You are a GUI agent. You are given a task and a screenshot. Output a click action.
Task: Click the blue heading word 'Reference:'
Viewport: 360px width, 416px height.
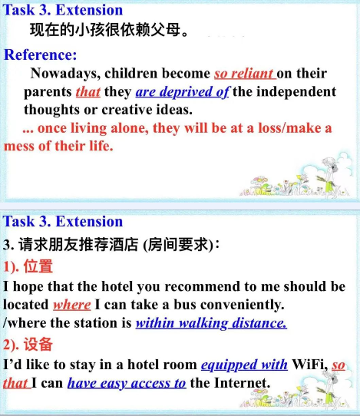[41, 55]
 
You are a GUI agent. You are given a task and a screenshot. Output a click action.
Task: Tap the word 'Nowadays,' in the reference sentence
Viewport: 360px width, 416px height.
[65, 74]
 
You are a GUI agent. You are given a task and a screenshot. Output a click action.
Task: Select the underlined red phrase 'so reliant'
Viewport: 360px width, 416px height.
[245, 74]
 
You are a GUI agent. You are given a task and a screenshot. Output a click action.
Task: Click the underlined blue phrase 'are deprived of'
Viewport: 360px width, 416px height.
[182, 92]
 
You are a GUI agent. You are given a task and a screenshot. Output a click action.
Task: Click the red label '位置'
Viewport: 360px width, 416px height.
[38, 266]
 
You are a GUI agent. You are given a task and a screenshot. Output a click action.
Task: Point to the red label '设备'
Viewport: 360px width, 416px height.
[38, 345]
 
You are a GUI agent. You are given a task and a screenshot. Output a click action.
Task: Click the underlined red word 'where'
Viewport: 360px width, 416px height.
[72, 305]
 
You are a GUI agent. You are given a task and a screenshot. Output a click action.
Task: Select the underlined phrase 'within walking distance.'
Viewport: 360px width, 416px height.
[211, 323]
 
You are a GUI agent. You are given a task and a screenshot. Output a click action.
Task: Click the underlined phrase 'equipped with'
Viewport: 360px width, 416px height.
[244, 365]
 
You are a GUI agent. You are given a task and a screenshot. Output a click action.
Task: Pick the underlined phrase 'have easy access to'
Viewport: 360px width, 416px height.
[127, 383]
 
